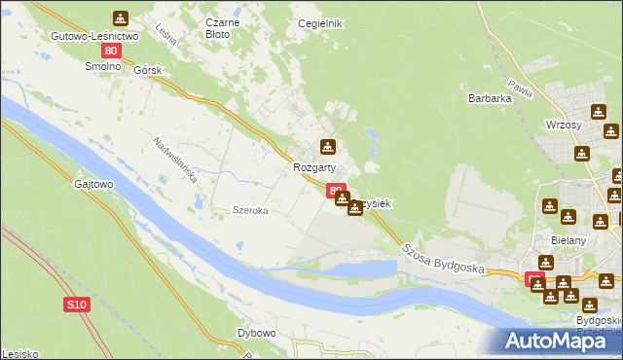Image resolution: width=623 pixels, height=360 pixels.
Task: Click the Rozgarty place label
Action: (314, 167)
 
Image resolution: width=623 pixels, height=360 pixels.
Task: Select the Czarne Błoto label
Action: (217, 27)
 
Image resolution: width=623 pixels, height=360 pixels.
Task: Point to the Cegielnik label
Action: (320, 23)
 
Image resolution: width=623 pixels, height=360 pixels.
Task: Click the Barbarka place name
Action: (490, 97)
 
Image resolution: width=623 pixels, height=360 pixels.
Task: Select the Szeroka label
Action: (249, 210)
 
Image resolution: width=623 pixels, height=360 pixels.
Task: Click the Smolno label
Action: (101, 67)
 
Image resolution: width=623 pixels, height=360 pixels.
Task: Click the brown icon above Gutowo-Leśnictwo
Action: (120, 18)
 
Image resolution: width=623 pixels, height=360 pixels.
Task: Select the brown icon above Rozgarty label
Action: (328, 148)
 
